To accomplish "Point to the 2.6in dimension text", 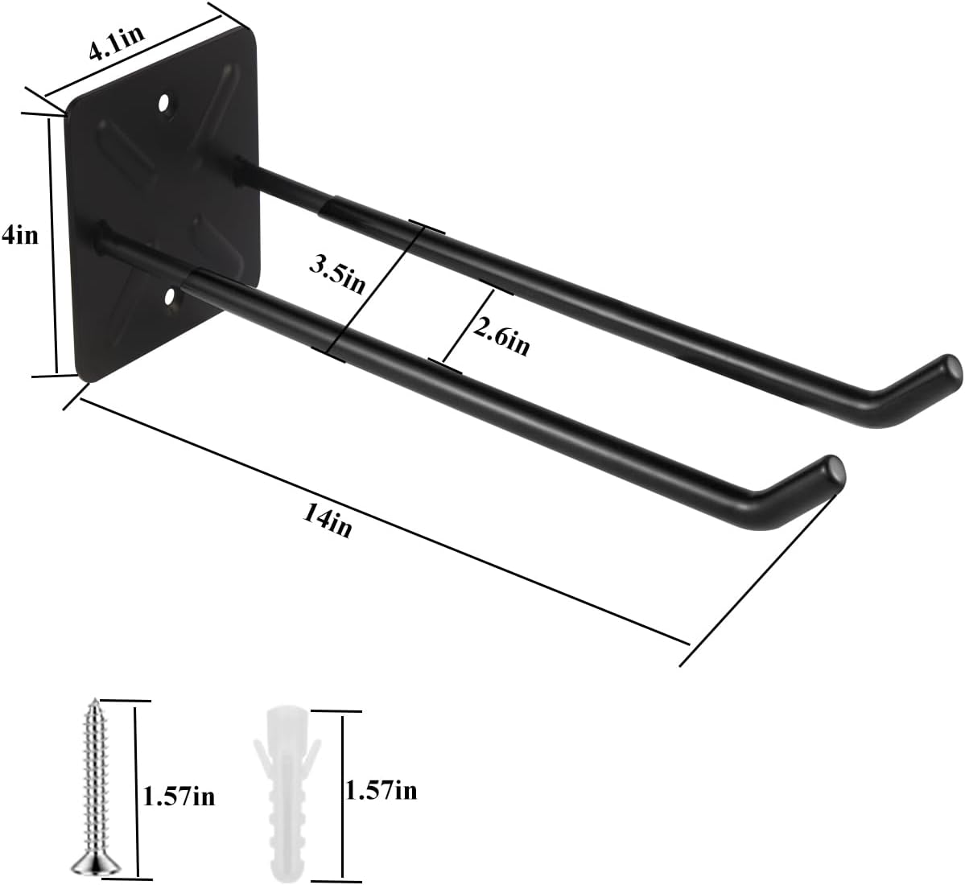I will (x=501, y=335).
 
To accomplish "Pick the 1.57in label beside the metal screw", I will (x=179, y=797).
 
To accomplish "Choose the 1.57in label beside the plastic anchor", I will (x=380, y=791).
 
